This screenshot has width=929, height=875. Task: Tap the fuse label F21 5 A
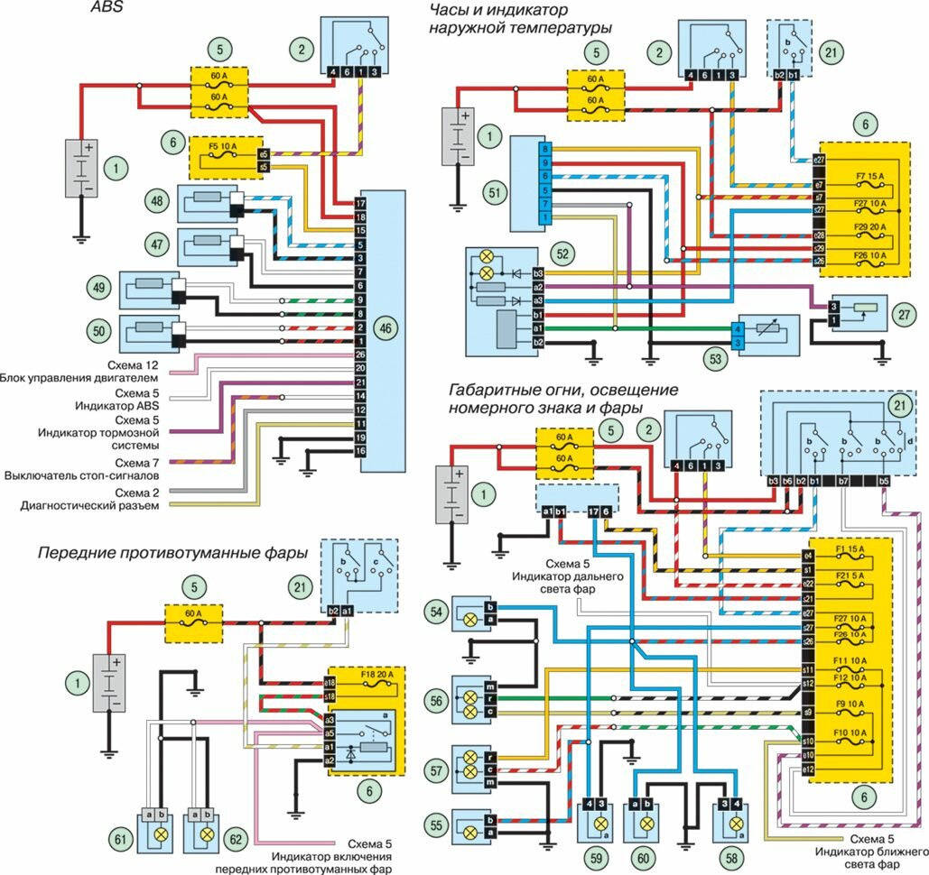pyautogui.click(x=852, y=576)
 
